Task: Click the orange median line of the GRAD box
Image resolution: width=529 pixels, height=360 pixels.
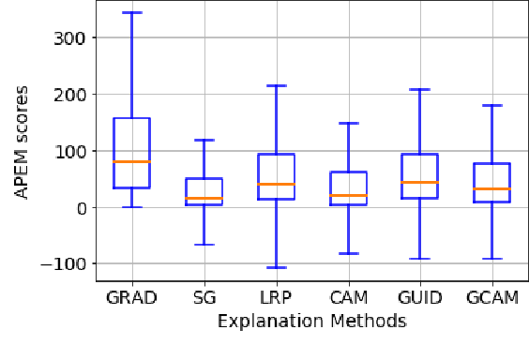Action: tap(131, 162)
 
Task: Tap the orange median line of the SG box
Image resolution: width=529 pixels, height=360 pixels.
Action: tap(204, 199)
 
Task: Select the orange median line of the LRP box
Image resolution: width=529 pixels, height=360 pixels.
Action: tap(276, 184)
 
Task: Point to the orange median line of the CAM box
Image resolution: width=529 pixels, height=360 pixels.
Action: tap(348, 196)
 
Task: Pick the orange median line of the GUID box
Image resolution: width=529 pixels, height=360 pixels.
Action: tap(420, 182)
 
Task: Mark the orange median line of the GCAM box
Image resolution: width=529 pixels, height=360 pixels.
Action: tap(492, 189)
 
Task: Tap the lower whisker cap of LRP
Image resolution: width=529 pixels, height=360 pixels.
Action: tap(276, 267)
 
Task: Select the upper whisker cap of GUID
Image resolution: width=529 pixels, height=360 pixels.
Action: tap(420, 90)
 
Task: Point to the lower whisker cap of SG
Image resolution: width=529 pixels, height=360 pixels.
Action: tap(204, 245)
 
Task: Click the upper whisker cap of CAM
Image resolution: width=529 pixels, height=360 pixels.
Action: tap(348, 123)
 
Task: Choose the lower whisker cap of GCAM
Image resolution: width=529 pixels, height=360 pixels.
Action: tap(492, 259)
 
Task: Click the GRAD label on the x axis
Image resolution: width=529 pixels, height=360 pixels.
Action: tap(131, 298)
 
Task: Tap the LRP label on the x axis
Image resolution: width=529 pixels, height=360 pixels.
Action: tap(276, 298)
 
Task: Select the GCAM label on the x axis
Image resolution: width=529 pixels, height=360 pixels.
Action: tap(492, 298)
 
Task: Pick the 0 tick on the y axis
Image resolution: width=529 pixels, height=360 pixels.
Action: tap(82, 208)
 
